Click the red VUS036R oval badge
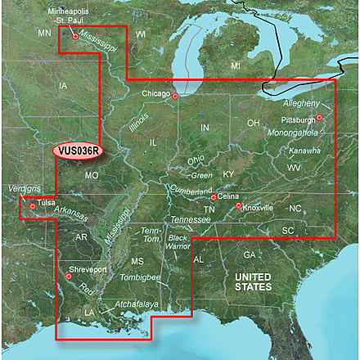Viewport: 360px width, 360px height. pyautogui.click(x=79, y=151)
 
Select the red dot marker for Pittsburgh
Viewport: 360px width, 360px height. pyautogui.click(x=320, y=117)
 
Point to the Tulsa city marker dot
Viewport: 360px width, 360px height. pyautogui.click(x=33, y=206)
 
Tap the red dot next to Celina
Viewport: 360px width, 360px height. pyautogui.click(x=214, y=197)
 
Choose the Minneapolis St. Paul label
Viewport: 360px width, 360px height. pyautogui.click(x=70, y=17)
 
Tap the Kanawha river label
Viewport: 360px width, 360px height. pyautogui.click(x=305, y=151)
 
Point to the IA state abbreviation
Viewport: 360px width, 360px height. pyautogui.click(x=64, y=85)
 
